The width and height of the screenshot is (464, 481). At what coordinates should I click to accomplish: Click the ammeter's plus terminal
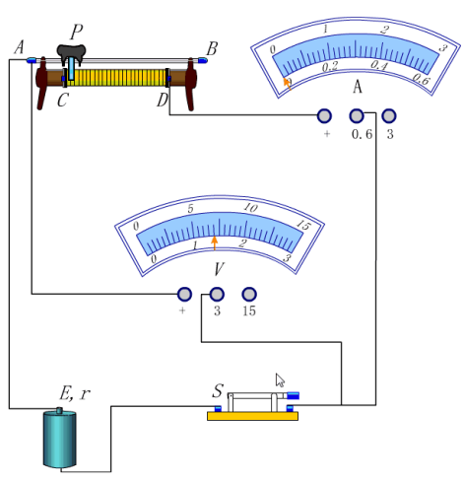click(324, 116)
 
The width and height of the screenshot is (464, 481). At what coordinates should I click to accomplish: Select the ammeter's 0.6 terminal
click(357, 116)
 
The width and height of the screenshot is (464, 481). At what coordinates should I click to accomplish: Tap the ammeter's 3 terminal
click(389, 116)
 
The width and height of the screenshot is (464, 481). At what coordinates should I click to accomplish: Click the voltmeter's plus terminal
click(184, 294)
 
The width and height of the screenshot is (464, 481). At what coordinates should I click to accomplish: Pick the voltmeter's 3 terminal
click(217, 294)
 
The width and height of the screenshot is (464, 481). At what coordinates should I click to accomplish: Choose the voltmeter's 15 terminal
click(249, 294)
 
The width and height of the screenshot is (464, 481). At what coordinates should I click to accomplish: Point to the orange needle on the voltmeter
click(215, 243)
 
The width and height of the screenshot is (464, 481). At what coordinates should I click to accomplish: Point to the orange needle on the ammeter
click(288, 84)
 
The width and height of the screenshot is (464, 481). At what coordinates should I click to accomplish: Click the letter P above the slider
click(76, 33)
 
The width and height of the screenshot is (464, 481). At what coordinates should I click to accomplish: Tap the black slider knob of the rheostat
click(71, 54)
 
